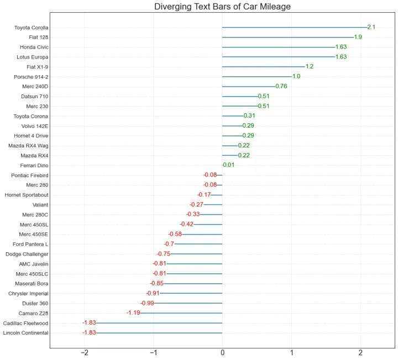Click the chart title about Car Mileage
[222, 7]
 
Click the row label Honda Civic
[34, 47]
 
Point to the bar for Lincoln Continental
[159, 333]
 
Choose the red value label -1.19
[133, 313]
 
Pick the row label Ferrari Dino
[34, 165]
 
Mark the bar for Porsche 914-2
[256, 77]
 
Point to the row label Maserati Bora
[32, 284]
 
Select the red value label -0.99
[147, 303]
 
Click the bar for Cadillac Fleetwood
[159, 323]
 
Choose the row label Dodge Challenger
[27, 254]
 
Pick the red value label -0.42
[186, 224]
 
